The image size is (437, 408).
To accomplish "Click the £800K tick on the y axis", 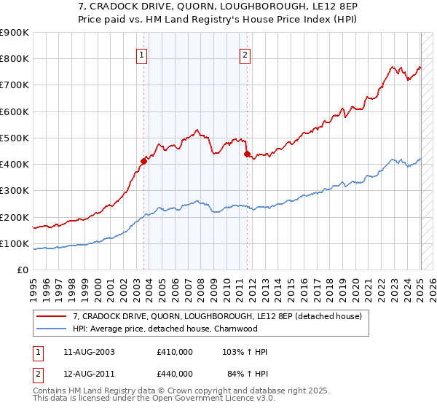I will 14,59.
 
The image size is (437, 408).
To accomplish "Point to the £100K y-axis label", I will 14,244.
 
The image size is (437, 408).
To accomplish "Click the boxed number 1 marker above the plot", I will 141,54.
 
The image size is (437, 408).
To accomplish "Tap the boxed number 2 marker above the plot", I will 245,54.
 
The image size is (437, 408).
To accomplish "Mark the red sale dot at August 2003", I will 144,161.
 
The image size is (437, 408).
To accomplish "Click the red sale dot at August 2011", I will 248,154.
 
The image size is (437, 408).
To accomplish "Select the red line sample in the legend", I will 52,316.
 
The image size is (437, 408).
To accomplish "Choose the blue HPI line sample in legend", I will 52,329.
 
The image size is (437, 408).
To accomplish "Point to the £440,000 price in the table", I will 175,374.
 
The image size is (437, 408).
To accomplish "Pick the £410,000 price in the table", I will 175,352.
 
